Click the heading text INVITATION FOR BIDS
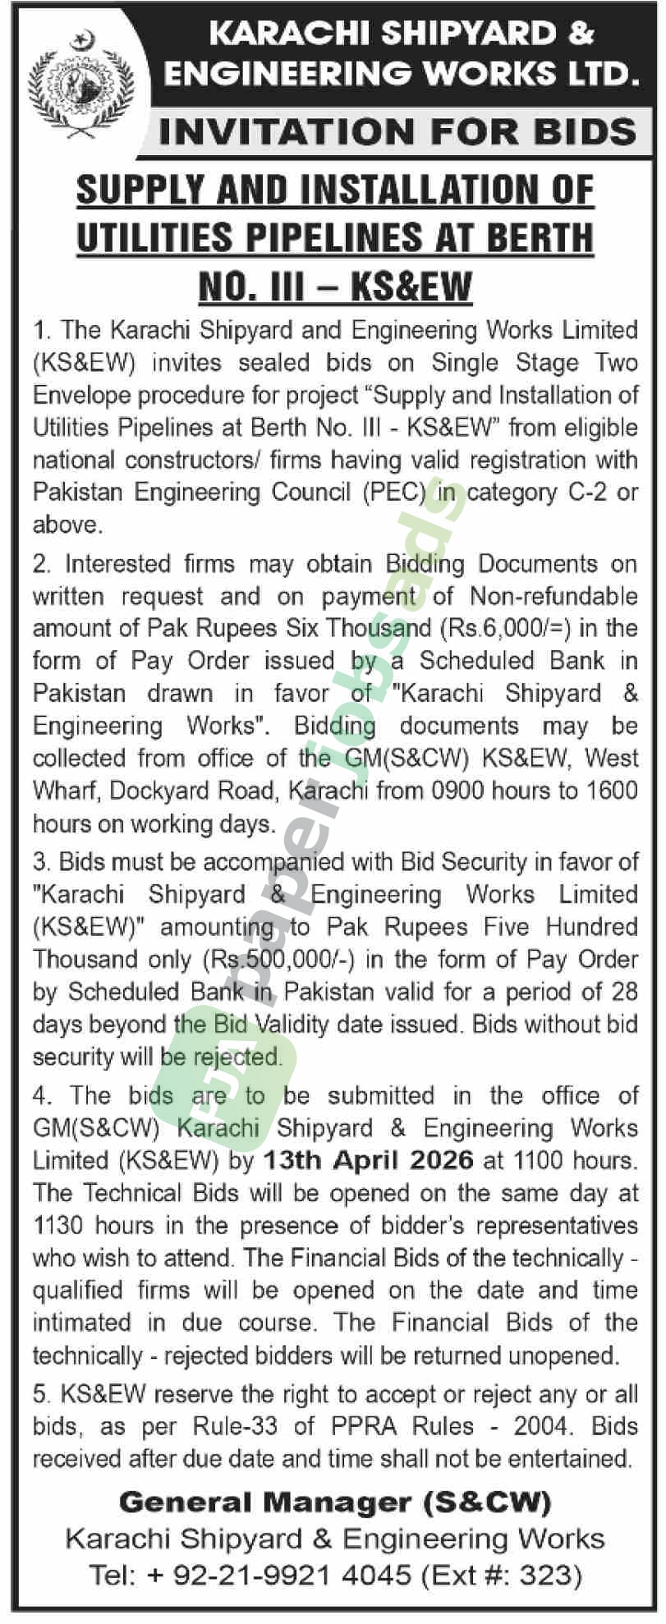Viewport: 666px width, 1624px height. pyautogui.click(x=397, y=132)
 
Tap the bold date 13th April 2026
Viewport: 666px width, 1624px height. pyautogui.click(x=368, y=1160)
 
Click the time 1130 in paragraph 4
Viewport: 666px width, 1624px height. pyautogui.click(x=59, y=1226)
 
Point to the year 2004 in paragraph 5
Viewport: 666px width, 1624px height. pyautogui.click(x=541, y=1426)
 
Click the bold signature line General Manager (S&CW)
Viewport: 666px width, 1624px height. pyautogui.click(x=334, y=1502)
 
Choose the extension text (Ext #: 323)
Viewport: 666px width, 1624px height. pyautogui.click(x=500, y=1574)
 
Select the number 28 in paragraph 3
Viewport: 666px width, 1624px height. pyautogui.click(x=623, y=992)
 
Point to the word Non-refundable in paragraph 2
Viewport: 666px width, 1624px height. pyautogui.click(x=553, y=596)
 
